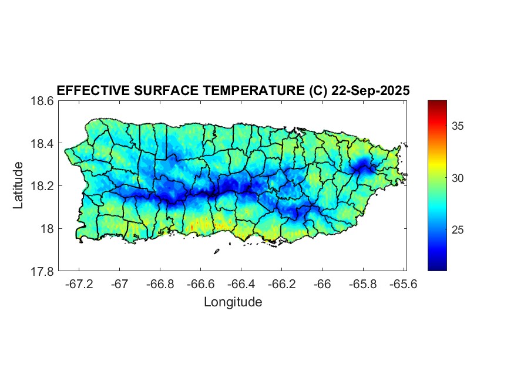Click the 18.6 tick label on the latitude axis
coord(42,101)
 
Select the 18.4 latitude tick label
coord(42,144)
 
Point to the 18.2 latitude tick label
coord(42,186)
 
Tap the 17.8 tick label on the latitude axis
coord(42,271)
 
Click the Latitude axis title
coord(18,185)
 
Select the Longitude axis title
coord(233,302)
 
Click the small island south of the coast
coord(216,251)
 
